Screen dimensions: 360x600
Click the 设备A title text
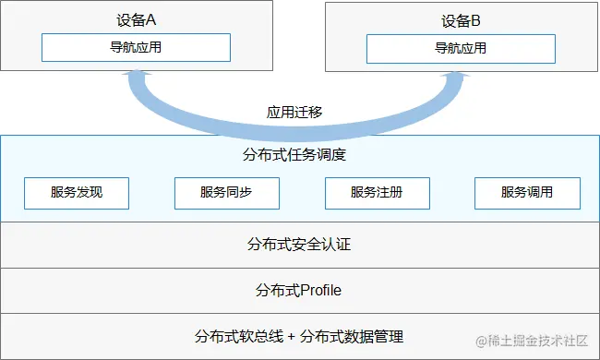click(x=136, y=21)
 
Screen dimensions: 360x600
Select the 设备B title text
click(x=461, y=21)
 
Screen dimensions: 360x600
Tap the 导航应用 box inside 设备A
click(x=136, y=47)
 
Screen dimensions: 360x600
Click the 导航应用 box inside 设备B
click(x=461, y=48)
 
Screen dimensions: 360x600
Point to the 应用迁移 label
click(x=294, y=113)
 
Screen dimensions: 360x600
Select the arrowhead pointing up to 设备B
click(x=453, y=80)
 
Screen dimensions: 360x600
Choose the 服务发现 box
click(x=77, y=194)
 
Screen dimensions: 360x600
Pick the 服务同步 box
click(x=226, y=194)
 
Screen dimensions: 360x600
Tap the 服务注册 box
click(x=377, y=194)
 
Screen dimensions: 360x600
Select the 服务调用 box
click(x=527, y=194)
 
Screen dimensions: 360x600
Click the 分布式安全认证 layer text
click(x=299, y=245)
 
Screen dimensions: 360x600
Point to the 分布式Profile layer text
click(x=299, y=291)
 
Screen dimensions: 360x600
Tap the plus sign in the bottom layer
click(x=293, y=336)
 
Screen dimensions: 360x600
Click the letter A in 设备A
click(x=150, y=21)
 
